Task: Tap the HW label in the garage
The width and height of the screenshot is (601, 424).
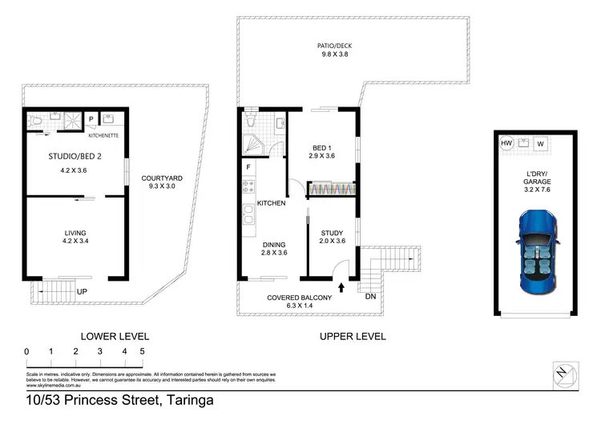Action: (x=506, y=144)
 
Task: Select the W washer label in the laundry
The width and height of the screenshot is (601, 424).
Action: (x=541, y=144)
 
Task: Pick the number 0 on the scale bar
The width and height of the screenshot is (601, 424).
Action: (x=26, y=351)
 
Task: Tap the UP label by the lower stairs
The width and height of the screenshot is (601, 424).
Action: (x=81, y=292)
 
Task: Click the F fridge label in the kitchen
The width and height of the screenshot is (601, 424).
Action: (x=249, y=167)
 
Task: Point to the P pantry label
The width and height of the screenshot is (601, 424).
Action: (x=91, y=120)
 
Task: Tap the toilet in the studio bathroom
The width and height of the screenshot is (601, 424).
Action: (x=34, y=122)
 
